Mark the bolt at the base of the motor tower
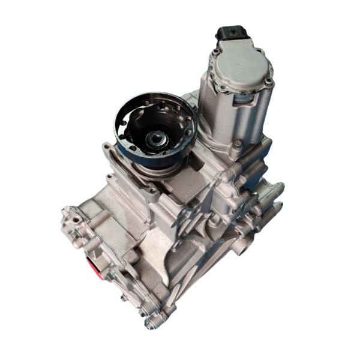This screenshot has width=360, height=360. (x=238, y=144)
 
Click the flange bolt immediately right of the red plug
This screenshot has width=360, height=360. (x=112, y=275)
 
